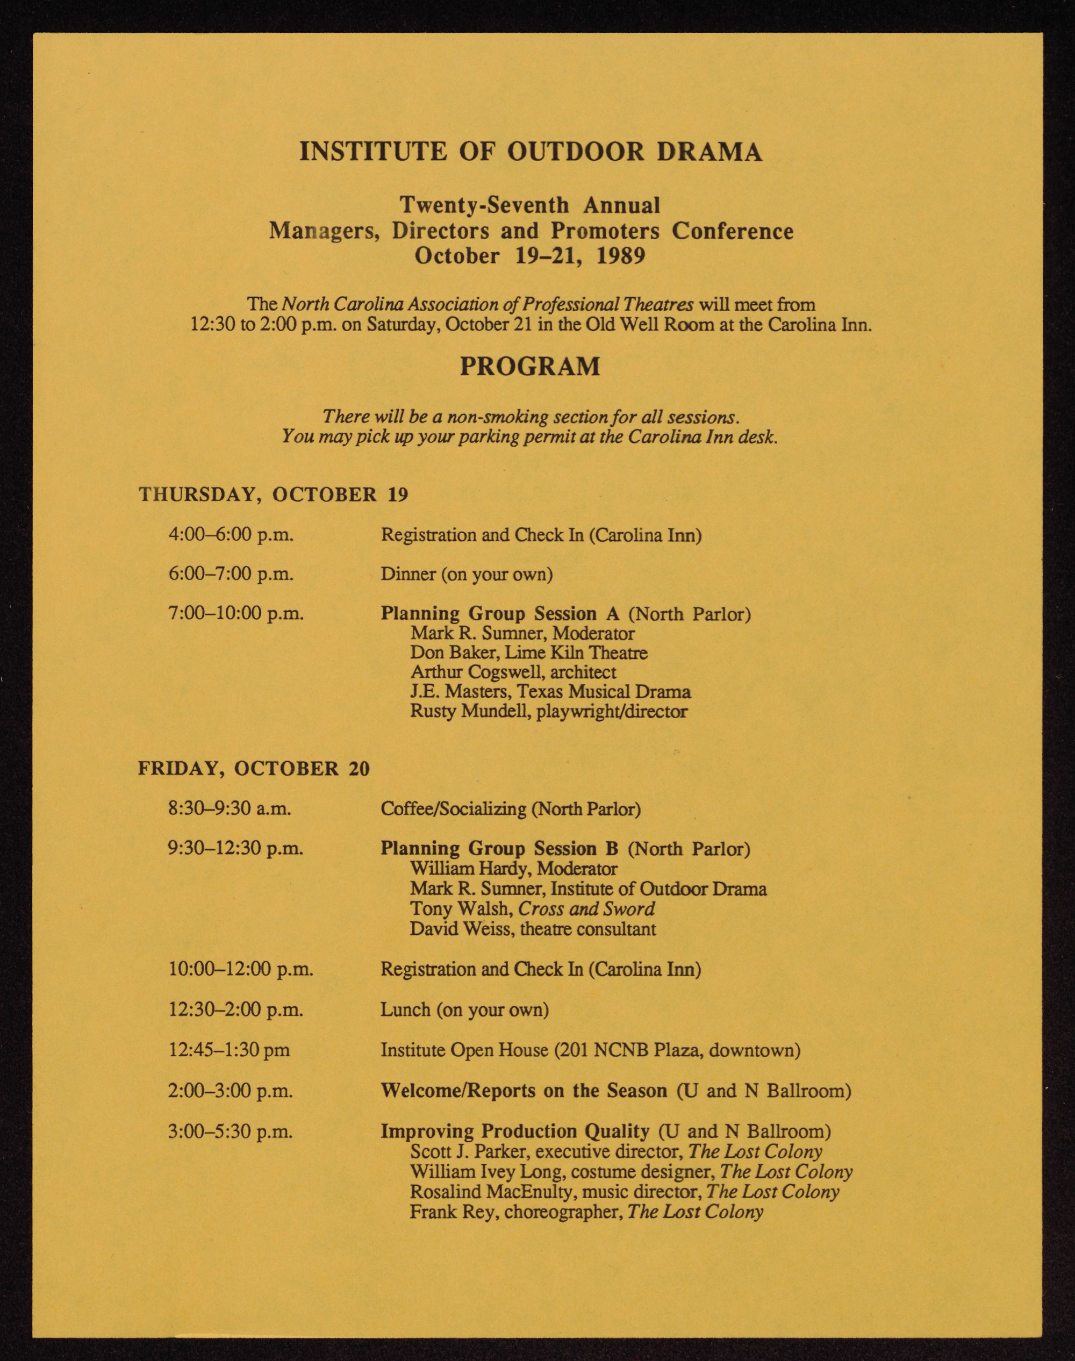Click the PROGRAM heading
click(x=530, y=367)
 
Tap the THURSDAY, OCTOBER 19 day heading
click(x=273, y=494)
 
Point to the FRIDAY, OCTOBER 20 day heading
click(x=254, y=769)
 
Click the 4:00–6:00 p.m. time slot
click(x=231, y=534)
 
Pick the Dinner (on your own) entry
click(x=467, y=574)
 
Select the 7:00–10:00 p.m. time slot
click(x=236, y=613)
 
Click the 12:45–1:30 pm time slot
click(x=229, y=1050)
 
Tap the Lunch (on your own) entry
click(x=464, y=1010)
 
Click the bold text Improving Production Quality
click(x=515, y=1131)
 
